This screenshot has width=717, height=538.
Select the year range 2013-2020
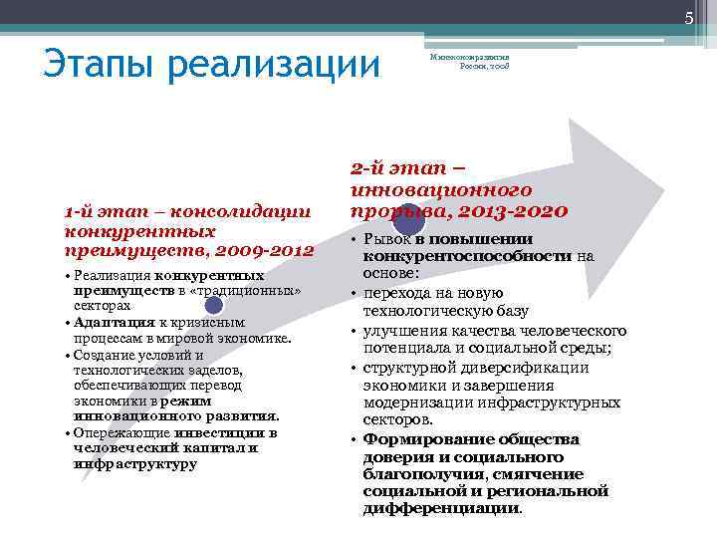click(x=516, y=211)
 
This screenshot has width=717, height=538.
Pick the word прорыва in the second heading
click(x=392, y=211)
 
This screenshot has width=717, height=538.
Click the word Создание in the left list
click(x=104, y=354)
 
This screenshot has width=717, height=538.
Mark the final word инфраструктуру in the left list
click(x=134, y=464)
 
